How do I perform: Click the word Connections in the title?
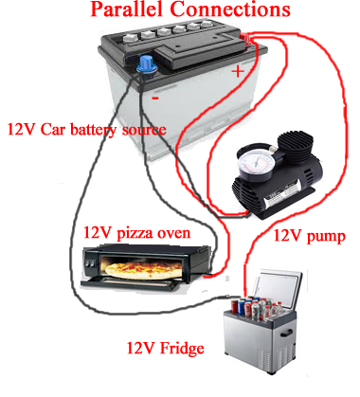coord(230,9)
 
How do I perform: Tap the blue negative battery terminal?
coord(146,63)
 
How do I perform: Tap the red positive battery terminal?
coord(245,39)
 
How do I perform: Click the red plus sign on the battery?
coord(238,71)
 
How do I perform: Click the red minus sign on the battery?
coord(155,99)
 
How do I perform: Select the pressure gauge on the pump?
coord(256,162)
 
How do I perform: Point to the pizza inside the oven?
coord(144,270)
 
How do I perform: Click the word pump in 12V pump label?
coord(326,237)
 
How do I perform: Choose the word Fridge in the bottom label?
coord(182,348)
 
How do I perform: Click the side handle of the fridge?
coord(287,333)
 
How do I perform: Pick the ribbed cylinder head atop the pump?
coord(296,145)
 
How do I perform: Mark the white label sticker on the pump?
coord(282,193)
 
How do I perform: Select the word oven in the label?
coord(174,233)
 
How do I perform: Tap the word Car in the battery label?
coord(53,130)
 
